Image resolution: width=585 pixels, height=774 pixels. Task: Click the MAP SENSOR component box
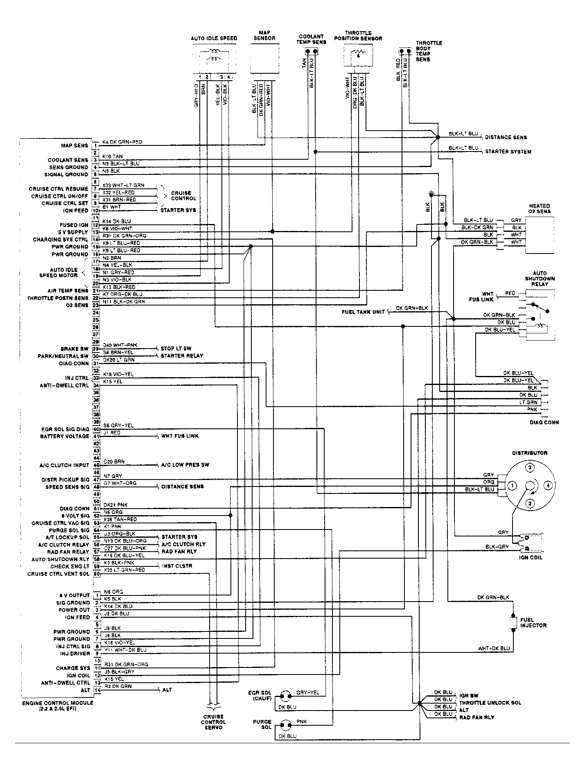pyautogui.click(x=264, y=58)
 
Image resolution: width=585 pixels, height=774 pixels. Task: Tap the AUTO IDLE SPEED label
pyautogui.click(x=214, y=38)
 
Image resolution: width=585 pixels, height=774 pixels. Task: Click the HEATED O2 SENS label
pyautogui.click(x=539, y=208)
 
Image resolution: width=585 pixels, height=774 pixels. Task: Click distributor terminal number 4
pyautogui.click(x=548, y=486)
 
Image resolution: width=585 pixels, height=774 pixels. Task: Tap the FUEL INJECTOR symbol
pyautogui.click(x=513, y=623)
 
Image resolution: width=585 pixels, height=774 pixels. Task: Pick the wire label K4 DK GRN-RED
pyautogui.click(x=122, y=142)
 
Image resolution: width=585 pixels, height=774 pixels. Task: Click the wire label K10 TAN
pyautogui.click(x=113, y=156)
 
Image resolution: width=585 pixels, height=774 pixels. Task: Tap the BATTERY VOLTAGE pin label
pyautogui.click(x=64, y=436)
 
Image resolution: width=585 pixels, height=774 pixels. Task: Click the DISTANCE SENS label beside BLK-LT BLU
pyautogui.click(x=506, y=137)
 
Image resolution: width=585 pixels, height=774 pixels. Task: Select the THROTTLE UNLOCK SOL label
pyautogui.click(x=490, y=703)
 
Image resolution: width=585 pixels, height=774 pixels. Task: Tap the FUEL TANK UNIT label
pyautogui.click(x=363, y=312)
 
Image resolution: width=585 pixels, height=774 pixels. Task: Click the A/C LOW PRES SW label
pyautogui.click(x=185, y=465)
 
